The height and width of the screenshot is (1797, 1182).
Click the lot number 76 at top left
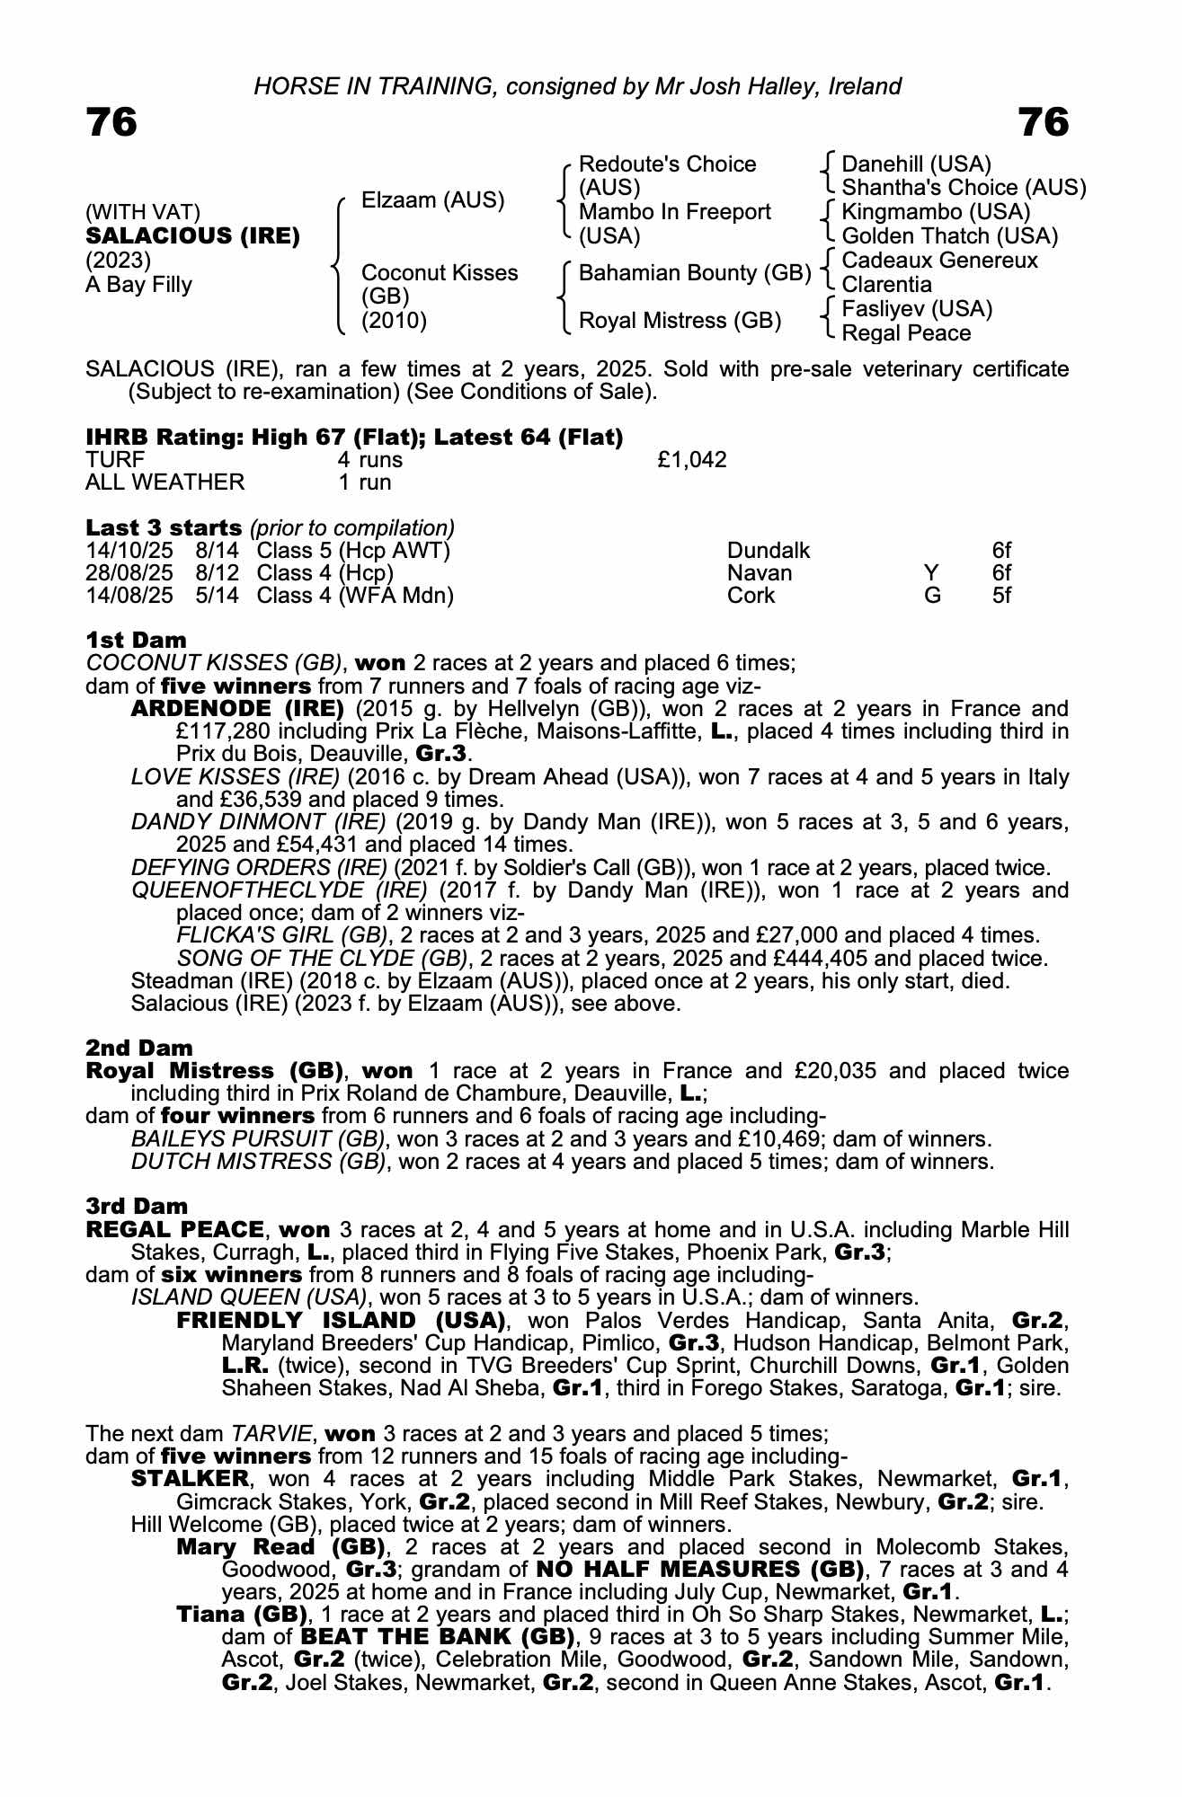(x=111, y=122)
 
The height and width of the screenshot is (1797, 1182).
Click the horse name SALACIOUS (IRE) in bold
(x=192, y=236)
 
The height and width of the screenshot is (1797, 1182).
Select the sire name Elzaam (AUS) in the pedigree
(x=432, y=200)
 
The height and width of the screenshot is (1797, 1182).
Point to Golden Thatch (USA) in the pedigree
(x=949, y=236)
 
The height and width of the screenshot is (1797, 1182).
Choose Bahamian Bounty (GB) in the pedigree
(x=695, y=273)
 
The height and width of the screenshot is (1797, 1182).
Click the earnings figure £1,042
(x=691, y=460)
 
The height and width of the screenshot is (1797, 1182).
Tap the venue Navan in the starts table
(x=760, y=573)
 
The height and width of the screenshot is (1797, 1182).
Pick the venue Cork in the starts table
(x=751, y=596)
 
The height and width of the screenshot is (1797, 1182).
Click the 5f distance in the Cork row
(x=1001, y=596)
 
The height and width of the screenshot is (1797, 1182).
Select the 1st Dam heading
(x=136, y=641)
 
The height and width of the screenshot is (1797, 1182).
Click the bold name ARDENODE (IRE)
(x=237, y=709)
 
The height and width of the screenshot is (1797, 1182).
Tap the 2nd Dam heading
(x=138, y=1048)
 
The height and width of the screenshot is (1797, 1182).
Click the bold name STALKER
(x=189, y=1479)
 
